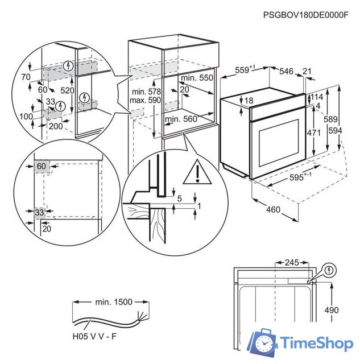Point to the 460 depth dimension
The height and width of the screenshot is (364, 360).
(x=274, y=210)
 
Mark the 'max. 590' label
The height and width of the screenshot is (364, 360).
(x=146, y=100)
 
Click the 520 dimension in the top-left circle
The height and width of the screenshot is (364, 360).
(x=68, y=90)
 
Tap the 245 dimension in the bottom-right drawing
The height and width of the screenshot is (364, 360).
(x=291, y=263)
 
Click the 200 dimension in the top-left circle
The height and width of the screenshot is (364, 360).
(x=55, y=126)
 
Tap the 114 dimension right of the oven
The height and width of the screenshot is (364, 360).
(x=318, y=97)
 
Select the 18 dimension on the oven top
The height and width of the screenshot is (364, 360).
(x=233, y=101)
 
